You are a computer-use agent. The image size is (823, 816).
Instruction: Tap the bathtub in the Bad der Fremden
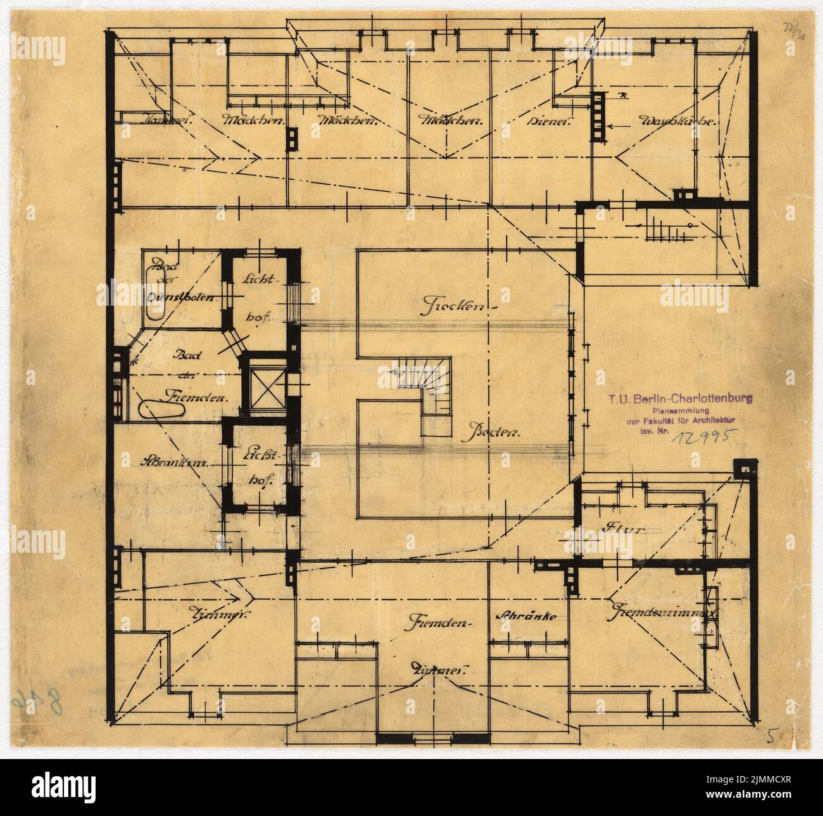click(161, 410)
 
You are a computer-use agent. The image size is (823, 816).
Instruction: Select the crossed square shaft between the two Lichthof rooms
click(265, 389)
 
